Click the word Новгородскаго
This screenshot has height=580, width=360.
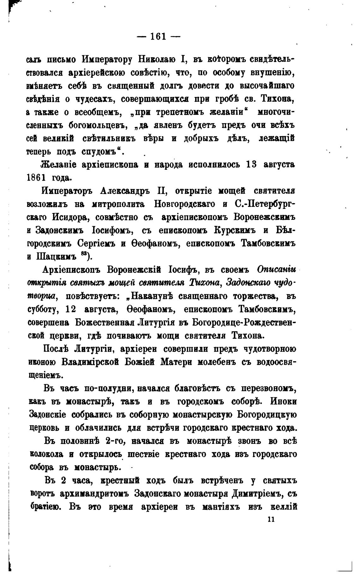click(185, 204)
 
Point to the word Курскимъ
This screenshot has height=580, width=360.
click(234, 231)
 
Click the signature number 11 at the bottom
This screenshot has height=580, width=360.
click(271, 519)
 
